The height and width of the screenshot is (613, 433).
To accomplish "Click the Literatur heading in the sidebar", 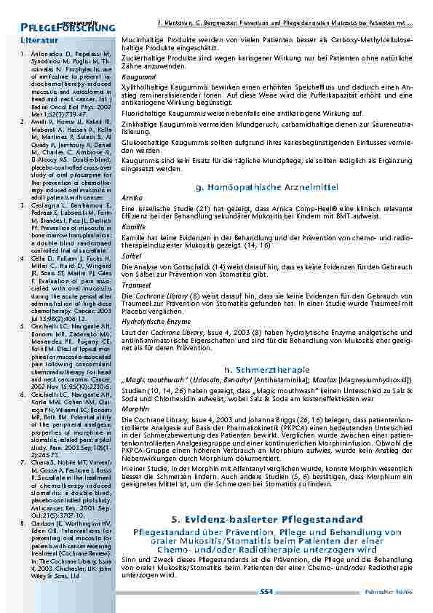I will tap(40, 39).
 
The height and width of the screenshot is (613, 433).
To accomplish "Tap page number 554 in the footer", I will tap(266, 592).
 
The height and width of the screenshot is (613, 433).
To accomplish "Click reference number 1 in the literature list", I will tap(23, 54).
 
